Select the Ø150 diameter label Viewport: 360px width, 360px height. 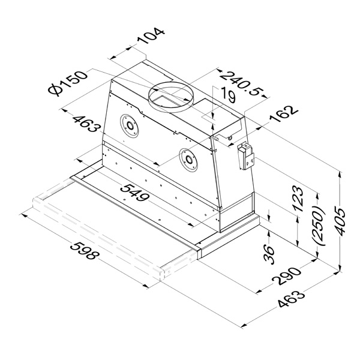coord(68,83)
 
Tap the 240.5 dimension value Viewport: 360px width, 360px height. coord(241,85)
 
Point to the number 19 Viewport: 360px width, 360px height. coord(228,95)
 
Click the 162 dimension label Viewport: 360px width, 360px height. coord(284,114)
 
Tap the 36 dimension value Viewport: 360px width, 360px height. coord(269,254)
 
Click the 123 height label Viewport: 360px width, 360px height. coord(298,199)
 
